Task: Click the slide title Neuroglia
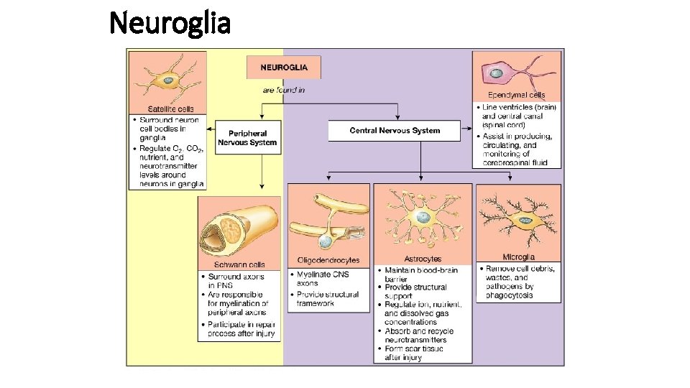pyautogui.click(x=170, y=23)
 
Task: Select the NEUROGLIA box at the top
pyautogui.click(x=284, y=68)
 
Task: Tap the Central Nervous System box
pyautogui.click(x=395, y=130)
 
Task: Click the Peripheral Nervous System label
pyautogui.click(x=247, y=138)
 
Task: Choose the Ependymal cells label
pyautogui.click(x=516, y=95)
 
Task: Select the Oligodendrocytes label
pyautogui.click(x=328, y=260)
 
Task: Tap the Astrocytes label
pyautogui.click(x=423, y=259)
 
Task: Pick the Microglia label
pyautogui.click(x=518, y=257)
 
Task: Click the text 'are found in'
pyautogui.click(x=283, y=90)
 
